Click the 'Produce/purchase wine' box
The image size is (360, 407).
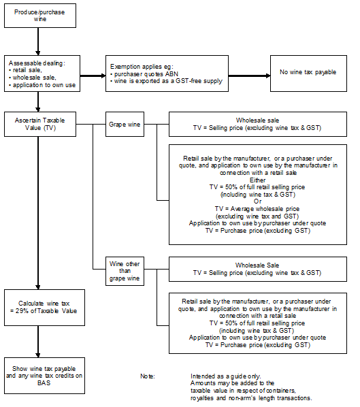40,16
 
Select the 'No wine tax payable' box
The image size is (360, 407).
308,74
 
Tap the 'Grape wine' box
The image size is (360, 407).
125,125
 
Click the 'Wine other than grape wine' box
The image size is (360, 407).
125,272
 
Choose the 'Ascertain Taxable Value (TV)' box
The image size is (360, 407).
40,125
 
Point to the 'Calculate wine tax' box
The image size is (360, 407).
44,308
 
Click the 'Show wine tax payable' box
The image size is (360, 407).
44,376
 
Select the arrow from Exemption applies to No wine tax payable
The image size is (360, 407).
249,76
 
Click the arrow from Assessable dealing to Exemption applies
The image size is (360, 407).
93,76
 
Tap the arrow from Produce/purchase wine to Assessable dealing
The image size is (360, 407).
38,42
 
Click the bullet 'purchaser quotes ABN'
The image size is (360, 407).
144,74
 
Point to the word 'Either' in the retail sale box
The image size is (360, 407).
257,180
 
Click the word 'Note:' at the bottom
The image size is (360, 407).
148,376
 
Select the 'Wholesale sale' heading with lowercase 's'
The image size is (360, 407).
257,120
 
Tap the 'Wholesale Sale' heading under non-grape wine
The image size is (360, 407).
257,265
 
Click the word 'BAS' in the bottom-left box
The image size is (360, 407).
44,383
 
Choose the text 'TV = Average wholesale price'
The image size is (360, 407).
257,209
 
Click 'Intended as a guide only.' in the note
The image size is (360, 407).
226,376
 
